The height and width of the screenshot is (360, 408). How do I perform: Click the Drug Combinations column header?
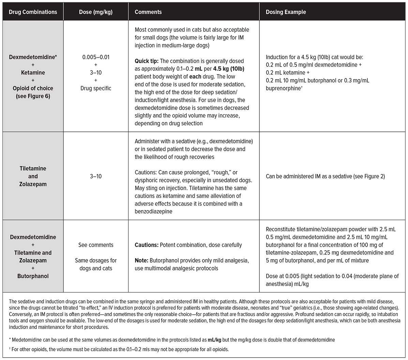point(33,12)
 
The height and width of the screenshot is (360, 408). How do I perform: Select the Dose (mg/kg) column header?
point(96,12)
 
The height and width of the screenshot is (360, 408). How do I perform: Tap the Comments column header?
point(148,12)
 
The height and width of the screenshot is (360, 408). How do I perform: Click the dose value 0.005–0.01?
point(96,57)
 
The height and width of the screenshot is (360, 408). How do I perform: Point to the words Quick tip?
point(146,61)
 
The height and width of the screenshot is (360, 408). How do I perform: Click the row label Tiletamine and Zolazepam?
point(33,176)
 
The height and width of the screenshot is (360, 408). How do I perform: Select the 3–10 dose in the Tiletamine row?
point(96,176)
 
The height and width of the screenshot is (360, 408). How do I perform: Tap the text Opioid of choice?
point(33,88)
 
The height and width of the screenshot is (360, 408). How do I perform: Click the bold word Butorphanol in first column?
point(33,276)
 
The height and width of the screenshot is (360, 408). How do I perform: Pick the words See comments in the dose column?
point(96,245)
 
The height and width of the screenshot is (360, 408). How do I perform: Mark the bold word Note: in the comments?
point(141,261)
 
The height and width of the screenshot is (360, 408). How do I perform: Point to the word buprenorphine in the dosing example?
point(282,88)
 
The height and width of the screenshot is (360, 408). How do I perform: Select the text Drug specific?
point(96,88)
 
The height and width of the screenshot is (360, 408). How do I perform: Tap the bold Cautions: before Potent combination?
point(147,245)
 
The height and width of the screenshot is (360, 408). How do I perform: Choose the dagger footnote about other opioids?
point(112,349)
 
